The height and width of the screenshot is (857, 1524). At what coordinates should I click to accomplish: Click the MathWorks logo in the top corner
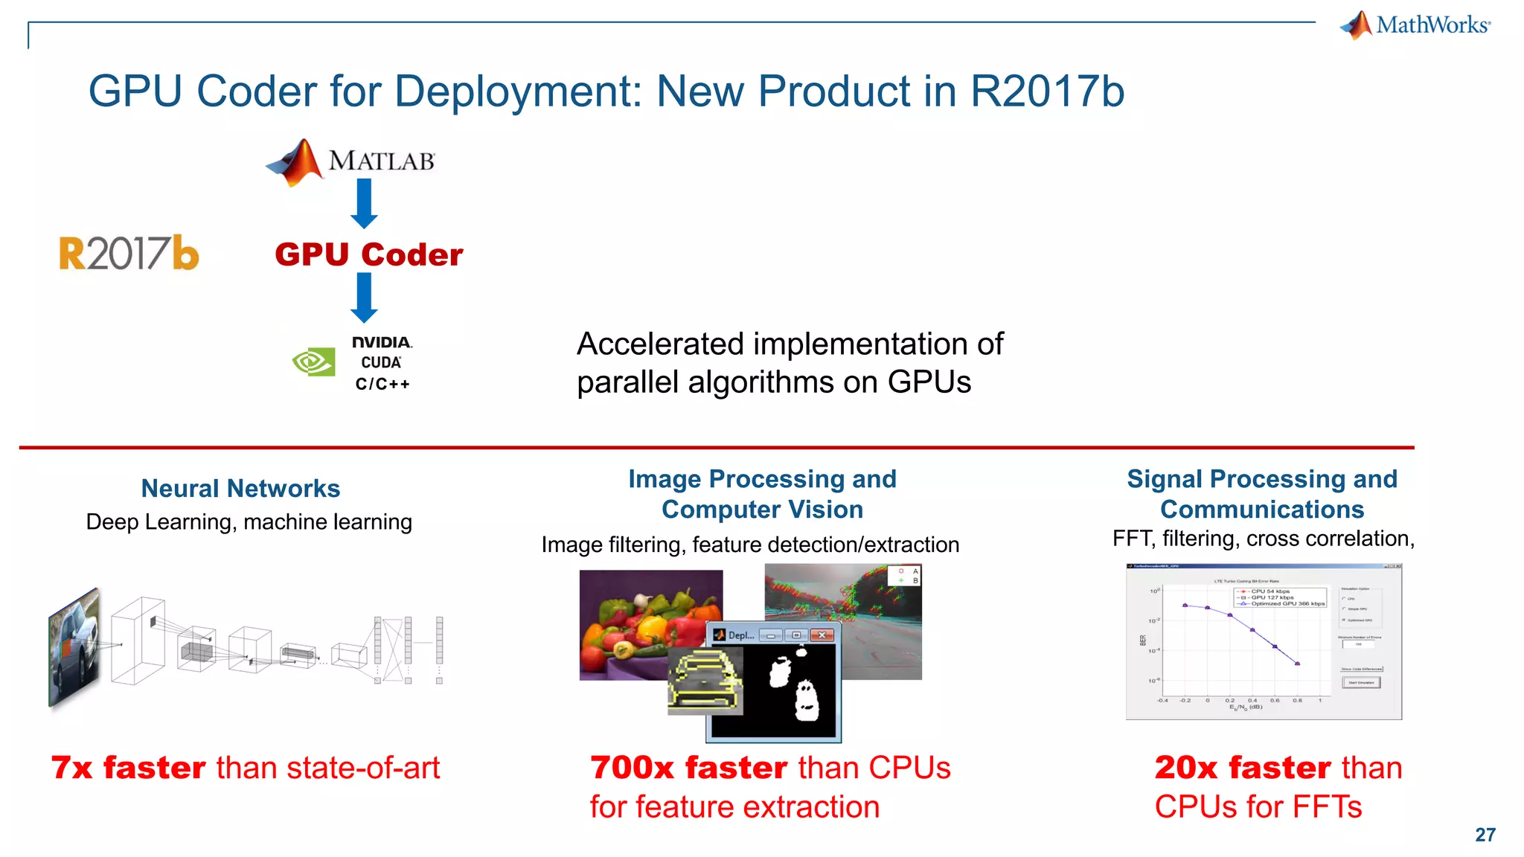1415,25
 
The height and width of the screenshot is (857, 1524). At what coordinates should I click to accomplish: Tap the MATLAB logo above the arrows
350,161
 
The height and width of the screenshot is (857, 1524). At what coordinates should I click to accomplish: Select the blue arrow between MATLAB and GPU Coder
364,203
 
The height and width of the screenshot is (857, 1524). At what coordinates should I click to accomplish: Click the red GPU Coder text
369,254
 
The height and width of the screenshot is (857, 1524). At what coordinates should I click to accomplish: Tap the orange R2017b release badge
129,253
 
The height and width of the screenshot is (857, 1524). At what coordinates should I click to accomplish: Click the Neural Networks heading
240,489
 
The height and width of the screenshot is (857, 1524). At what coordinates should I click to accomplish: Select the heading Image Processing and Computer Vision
762,494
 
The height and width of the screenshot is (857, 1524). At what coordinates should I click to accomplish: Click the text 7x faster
128,768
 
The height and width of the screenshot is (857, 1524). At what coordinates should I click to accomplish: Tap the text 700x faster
688,768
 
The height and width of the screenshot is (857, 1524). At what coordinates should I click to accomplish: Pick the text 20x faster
1241,768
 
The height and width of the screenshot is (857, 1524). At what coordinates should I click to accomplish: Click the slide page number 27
1485,835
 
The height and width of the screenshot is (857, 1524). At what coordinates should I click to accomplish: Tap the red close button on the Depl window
822,635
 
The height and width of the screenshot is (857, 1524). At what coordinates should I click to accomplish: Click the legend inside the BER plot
1281,597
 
